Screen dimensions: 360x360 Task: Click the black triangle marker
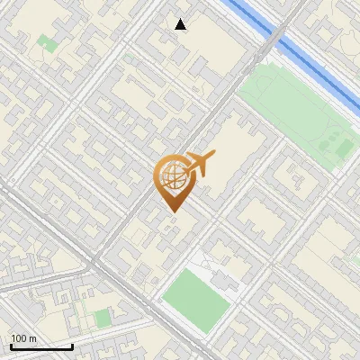(x=181, y=24)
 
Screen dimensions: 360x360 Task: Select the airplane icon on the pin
(x=198, y=164)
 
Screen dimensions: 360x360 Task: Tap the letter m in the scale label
(x=33, y=338)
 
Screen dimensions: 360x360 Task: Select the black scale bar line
(x=40, y=346)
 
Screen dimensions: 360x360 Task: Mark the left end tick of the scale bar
(x=10, y=345)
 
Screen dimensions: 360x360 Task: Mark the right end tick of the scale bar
(x=72, y=345)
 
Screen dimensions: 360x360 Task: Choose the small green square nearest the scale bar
(x=103, y=318)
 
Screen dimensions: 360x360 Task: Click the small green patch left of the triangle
(x=47, y=42)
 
